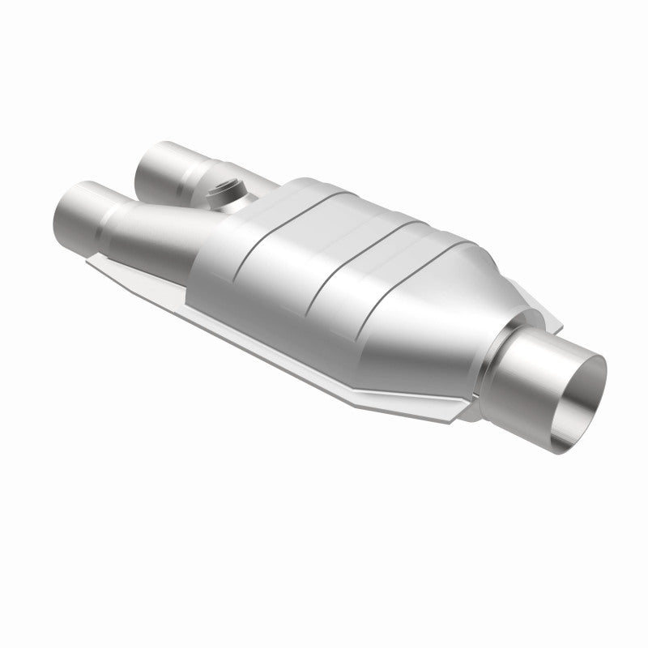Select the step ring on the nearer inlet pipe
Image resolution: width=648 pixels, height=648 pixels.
(113, 212)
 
